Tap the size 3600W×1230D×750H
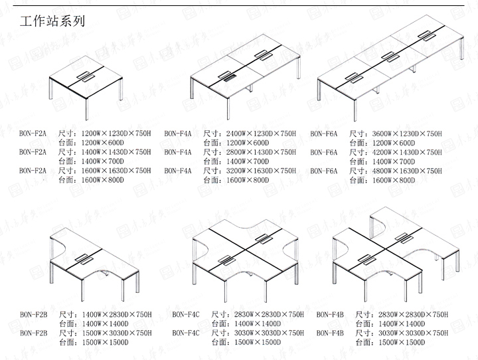tap(407, 134)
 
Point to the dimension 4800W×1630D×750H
tap(407, 171)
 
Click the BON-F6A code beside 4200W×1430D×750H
tap(324, 152)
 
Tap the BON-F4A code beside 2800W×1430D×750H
tap(178, 152)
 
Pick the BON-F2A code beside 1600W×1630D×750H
tap(33, 171)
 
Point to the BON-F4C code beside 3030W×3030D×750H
tap(186, 333)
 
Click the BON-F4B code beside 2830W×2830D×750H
tap(330, 314)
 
